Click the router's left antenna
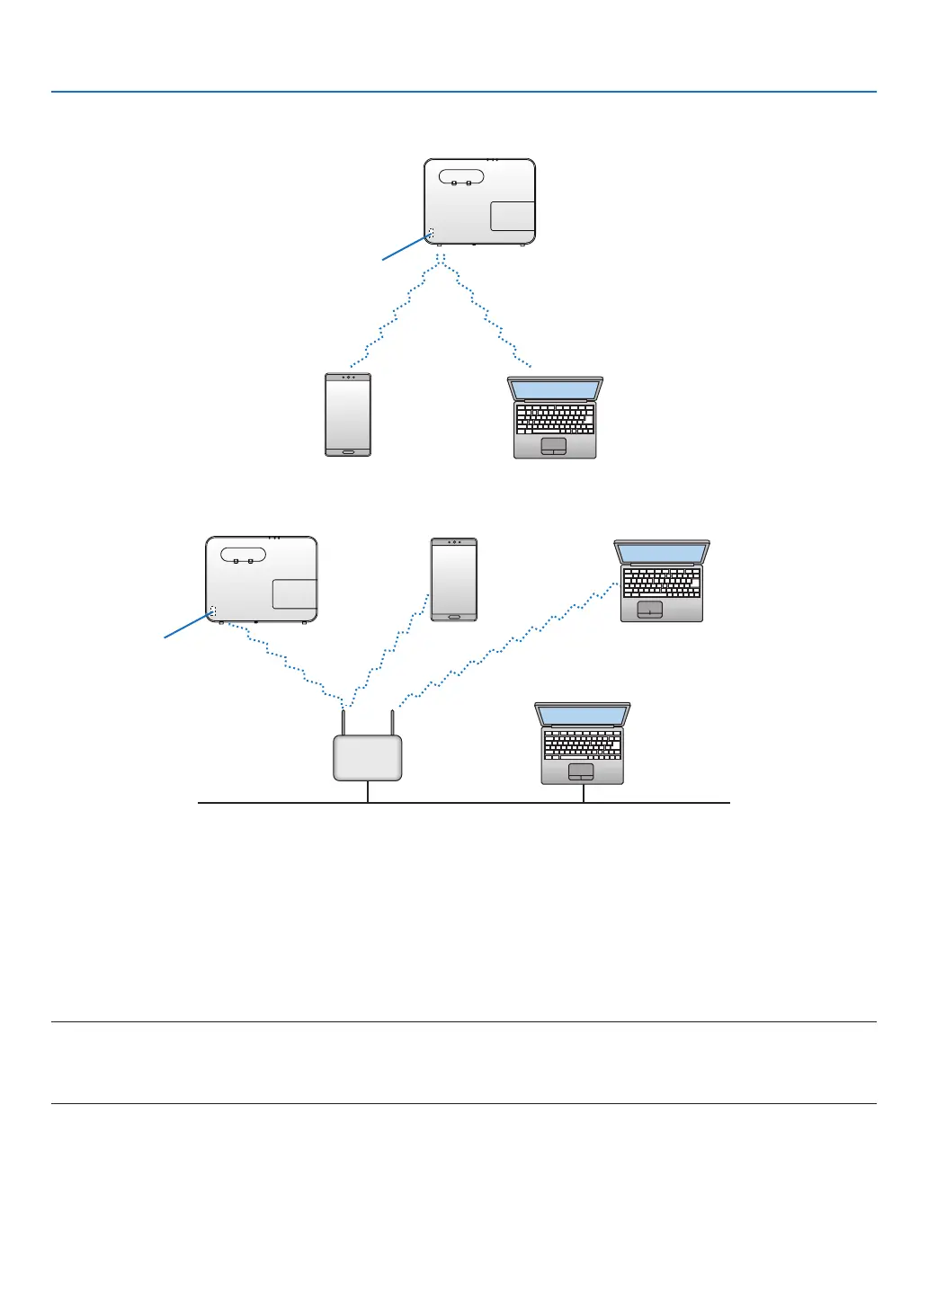344,723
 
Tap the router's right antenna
392,723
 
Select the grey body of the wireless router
368,758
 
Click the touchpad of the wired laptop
581,771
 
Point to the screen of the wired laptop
582,716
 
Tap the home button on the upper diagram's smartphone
348,451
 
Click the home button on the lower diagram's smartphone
454,617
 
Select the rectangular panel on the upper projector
513,216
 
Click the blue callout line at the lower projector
187,626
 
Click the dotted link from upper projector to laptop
486,315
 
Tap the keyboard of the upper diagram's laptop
555,420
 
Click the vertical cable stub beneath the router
368,791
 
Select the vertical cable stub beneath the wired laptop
584,793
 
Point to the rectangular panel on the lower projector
295,593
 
